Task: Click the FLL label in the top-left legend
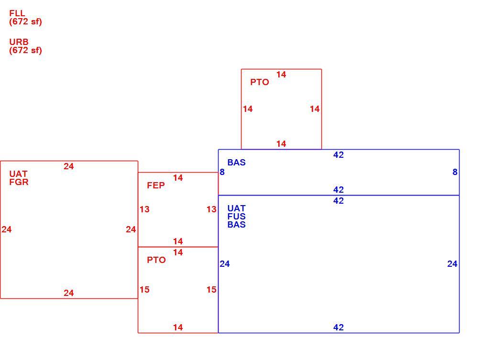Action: point(17,13)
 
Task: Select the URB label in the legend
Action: point(19,42)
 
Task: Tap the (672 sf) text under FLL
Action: point(25,22)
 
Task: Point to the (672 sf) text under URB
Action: point(25,50)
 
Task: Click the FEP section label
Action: point(156,185)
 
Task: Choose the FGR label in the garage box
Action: point(19,182)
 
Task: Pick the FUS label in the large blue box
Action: point(237,217)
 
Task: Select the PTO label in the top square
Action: point(260,82)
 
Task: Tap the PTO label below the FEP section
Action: point(156,260)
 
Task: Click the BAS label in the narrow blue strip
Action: point(237,162)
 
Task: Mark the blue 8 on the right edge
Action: point(455,172)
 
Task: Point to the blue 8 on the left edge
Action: point(222,172)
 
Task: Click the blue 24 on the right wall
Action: point(452,263)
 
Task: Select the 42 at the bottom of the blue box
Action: point(339,327)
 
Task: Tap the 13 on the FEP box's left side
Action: point(144,209)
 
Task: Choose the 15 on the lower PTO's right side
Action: point(211,289)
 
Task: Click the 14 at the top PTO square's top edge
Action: point(281,75)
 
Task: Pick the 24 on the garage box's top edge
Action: point(69,166)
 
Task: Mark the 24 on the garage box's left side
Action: point(7,229)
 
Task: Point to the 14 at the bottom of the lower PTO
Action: point(178,327)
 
